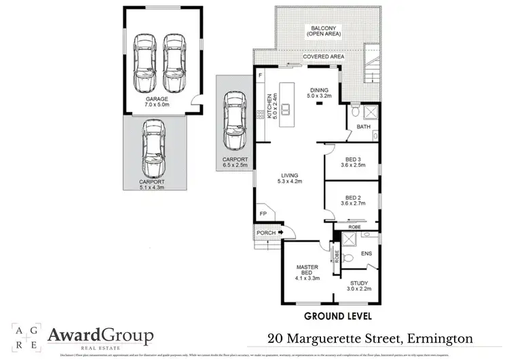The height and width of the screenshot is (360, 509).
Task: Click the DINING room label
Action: (319, 90)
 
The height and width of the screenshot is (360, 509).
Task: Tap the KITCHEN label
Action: (269, 106)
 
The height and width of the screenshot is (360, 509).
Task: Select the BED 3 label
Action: (347, 159)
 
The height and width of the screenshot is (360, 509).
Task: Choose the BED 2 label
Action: (347, 198)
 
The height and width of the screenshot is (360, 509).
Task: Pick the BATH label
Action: (363, 127)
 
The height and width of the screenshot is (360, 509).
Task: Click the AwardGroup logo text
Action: (100, 336)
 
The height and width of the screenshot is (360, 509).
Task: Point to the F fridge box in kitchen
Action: (260, 74)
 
